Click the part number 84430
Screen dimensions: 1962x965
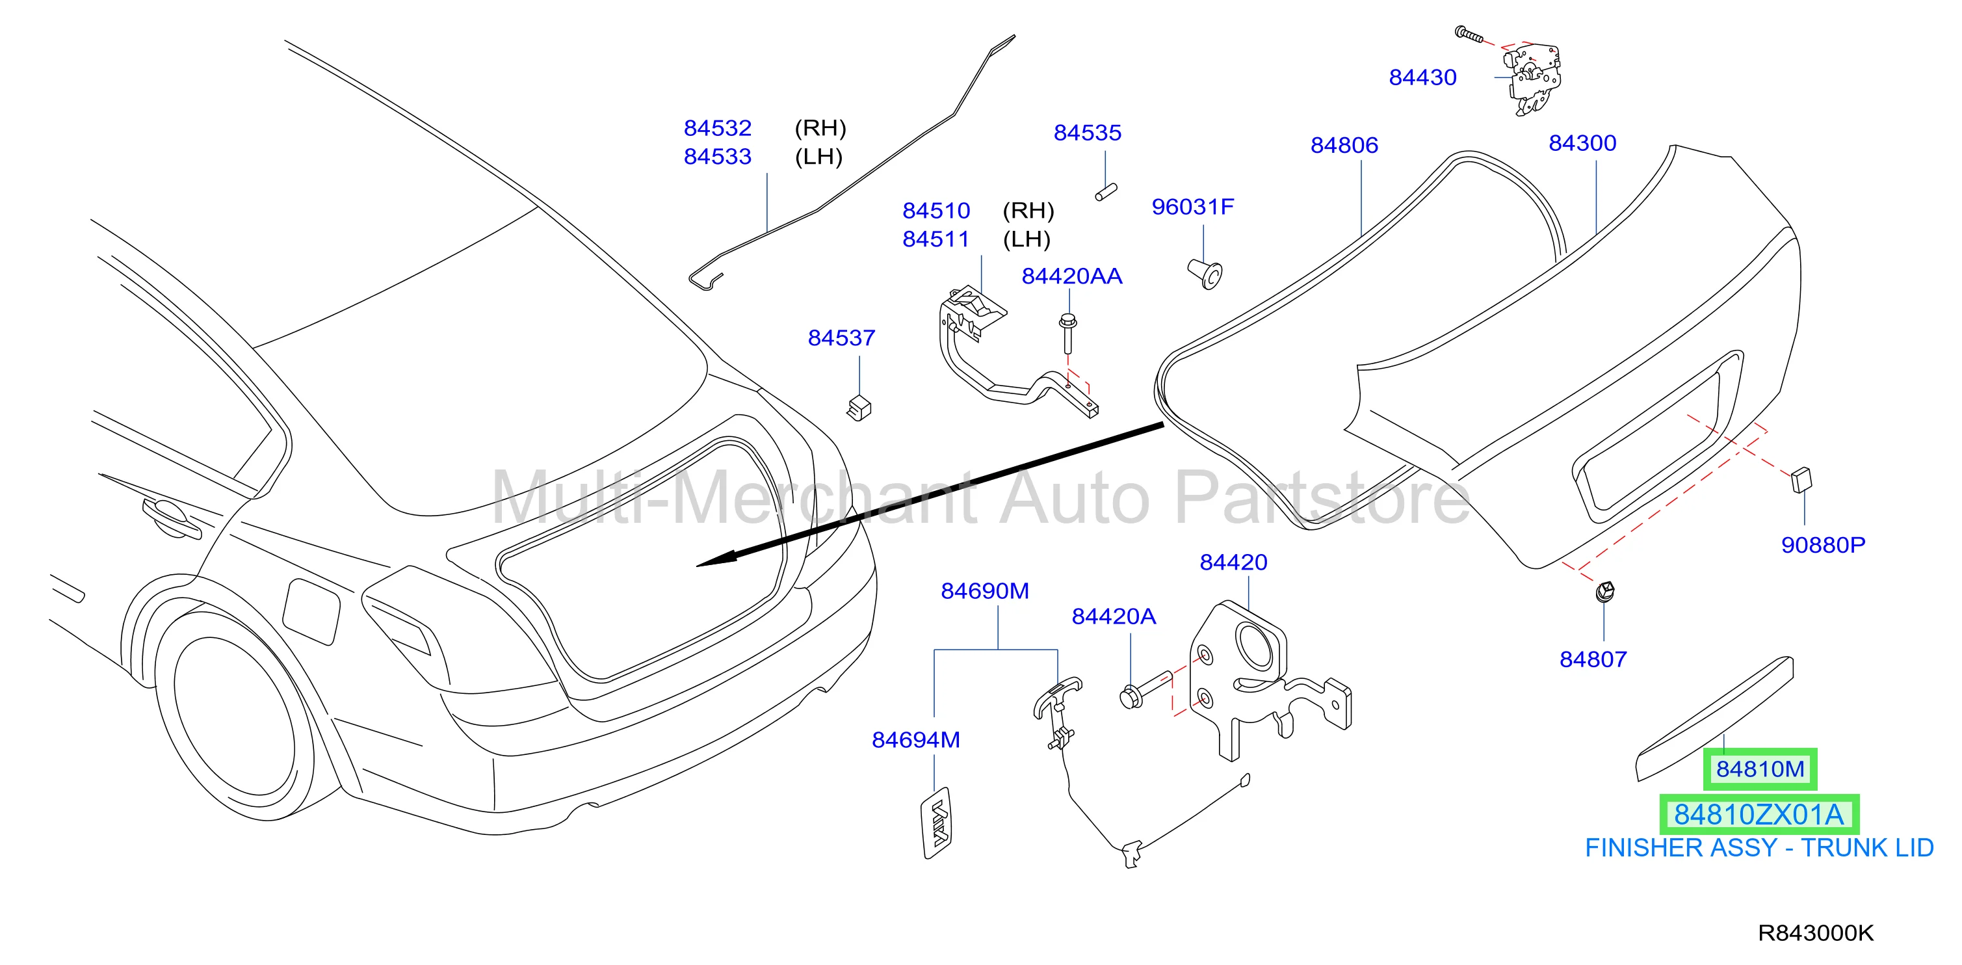point(1422,77)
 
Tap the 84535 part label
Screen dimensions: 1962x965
point(1087,133)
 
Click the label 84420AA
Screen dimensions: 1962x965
point(1071,276)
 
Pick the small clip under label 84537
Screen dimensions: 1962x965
point(859,408)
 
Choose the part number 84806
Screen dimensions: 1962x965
point(1344,146)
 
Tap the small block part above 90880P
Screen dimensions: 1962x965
point(1801,479)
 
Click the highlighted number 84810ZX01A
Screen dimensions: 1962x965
point(1759,815)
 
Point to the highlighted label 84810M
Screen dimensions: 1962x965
point(1759,769)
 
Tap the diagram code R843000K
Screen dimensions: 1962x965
point(1815,933)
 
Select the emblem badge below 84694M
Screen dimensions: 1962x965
point(937,823)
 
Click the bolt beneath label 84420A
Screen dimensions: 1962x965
point(1145,688)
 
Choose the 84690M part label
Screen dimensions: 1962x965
point(985,591)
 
